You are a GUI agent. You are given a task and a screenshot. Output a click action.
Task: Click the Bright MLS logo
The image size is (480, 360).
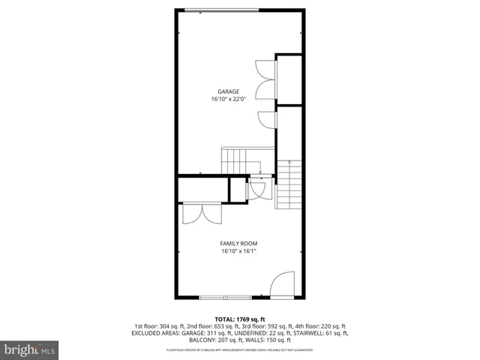[x=30, y=349]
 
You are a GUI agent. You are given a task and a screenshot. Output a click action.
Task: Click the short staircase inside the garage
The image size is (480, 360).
[x=235, y=159]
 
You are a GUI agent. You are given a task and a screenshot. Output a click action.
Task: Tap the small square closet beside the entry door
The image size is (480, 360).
[x=238, y=190]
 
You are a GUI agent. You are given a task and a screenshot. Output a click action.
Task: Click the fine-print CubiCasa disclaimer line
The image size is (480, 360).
[x=239, y=349]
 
